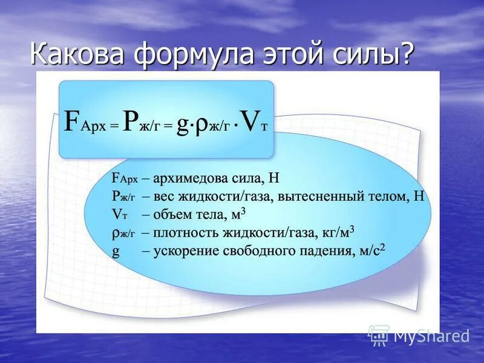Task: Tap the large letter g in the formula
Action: point(185,125)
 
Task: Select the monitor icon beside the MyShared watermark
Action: point(379,335)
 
